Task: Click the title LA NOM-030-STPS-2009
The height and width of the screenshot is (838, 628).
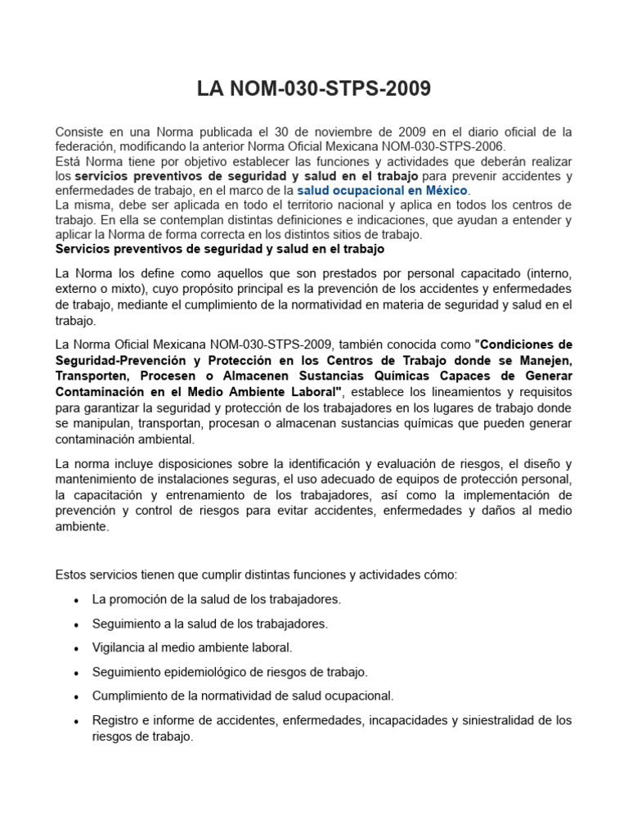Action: pyautogui.click(x=313, y=88)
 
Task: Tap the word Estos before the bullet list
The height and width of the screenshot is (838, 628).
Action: pyautogui.click(x=72, y=574)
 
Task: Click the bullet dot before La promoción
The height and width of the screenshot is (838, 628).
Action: pyautogui.click(x=76, y=600)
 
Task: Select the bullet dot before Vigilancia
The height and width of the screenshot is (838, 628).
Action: pyautogui.click(x=76, y=648)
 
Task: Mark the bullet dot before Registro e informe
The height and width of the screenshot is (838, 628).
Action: pyautogui.click(x=76, y=721)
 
